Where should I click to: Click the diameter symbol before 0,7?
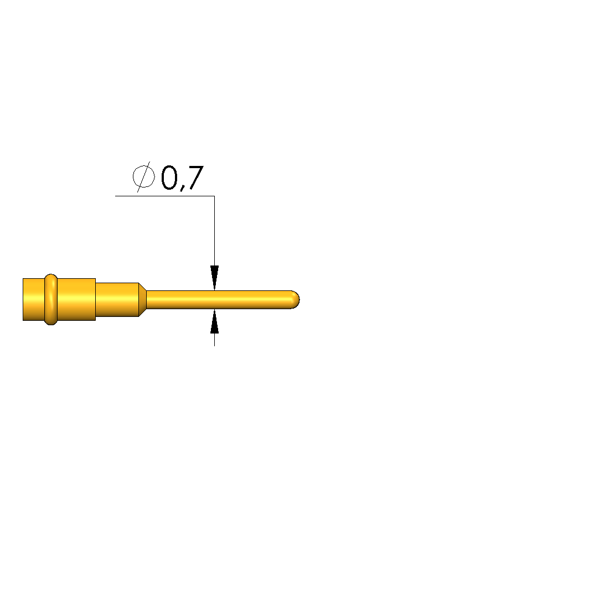[144, 176]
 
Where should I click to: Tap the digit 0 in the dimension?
[169, 178]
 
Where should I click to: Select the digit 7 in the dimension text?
[196, 178]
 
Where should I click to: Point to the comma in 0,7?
[182, 187]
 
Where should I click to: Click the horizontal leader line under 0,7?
[165, 196]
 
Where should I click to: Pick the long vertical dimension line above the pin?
[214, 231]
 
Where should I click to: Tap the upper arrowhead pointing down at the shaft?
[214, 278]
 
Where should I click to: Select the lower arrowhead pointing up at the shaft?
[214, 321]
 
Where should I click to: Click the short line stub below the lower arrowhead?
[214, 340]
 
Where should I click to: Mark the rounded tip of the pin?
[296, 300]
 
